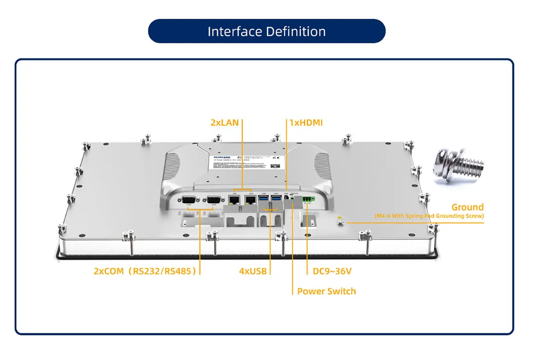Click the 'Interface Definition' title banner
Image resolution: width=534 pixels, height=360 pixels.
(x=266, y=31)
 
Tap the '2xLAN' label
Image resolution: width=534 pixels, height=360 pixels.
(x=225, y=122)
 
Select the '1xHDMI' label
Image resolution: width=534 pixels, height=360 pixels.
(x=306, y=122)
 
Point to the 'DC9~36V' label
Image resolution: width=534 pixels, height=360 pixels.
(x=328, y=271)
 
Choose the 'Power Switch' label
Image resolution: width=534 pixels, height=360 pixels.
(x=326, y=291)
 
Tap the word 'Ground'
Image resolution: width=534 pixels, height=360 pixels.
(x=467, y=207)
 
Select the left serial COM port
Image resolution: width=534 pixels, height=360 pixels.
(x=190, y=199)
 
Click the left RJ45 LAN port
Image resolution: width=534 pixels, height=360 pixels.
(x=234, y=199)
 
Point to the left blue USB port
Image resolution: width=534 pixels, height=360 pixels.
(x=263, y=200)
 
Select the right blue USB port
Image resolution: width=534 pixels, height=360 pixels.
(x=276, y=200)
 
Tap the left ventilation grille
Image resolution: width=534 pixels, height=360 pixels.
(x=172, y=165)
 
